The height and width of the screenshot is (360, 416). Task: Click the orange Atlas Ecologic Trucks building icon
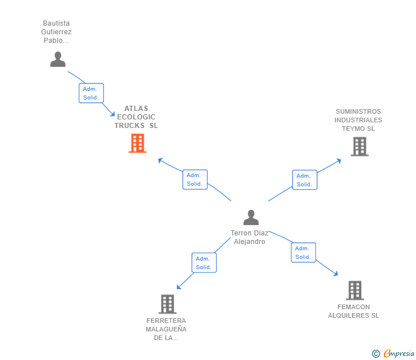(x=137, y=143)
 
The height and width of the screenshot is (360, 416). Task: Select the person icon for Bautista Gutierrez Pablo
(x=58, y=59)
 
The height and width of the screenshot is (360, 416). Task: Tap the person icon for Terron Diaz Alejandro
(x=251, y=218)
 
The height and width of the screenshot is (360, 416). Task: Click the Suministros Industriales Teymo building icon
(x=359, y=147)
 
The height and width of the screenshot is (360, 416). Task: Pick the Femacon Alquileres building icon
(x=355, y=290)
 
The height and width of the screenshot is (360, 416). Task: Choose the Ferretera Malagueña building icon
(x=167, y=304)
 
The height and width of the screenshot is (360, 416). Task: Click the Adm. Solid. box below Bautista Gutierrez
(x=91, y=93)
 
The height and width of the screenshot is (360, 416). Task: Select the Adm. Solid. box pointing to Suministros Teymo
(x=304, y=180)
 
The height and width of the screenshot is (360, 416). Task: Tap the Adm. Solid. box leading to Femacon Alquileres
(x=303, y=253)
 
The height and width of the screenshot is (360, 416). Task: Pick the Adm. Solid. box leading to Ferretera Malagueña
(x=204, y=263)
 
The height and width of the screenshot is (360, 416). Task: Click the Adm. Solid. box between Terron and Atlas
(x=194, y=179)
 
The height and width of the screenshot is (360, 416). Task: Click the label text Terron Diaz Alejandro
(x=250, y=237)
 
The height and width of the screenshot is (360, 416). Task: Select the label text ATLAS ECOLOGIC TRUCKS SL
(x=136, y=117)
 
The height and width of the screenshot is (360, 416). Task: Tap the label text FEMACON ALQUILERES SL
(x=353, y=311)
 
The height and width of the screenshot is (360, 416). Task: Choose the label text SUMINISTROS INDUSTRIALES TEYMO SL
(x=358, y=120)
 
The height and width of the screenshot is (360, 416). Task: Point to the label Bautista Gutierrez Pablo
(x=57, y=32)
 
